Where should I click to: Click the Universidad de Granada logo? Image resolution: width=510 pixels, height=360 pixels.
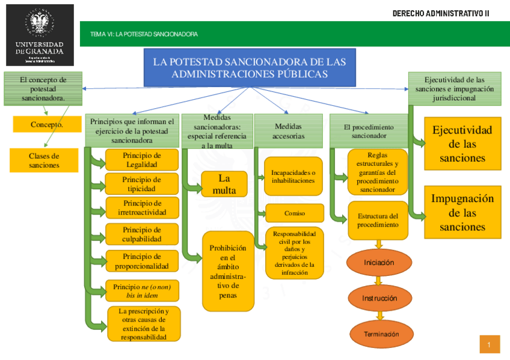40,35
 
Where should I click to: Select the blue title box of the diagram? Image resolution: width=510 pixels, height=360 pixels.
249,67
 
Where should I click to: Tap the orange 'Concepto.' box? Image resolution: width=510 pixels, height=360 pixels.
47,125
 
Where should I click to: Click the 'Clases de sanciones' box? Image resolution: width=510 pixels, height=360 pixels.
44,160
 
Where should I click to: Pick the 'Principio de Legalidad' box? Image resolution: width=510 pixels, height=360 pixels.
142,159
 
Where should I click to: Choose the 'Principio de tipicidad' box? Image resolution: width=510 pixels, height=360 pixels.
142,184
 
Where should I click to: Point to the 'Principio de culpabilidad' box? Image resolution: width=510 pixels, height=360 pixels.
142,234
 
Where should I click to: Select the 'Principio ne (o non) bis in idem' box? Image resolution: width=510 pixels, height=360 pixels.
142,291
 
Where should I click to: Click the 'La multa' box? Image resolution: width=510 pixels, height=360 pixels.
224,184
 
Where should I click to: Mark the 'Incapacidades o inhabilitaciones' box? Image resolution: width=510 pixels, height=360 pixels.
293,176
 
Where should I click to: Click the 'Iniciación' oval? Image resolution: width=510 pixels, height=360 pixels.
379,263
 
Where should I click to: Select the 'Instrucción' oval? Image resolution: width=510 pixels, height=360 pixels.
379,298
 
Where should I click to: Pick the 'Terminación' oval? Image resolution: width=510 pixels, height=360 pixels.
381,334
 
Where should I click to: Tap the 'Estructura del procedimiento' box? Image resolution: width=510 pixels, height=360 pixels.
378,220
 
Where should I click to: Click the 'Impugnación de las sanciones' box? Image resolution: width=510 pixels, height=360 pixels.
462,213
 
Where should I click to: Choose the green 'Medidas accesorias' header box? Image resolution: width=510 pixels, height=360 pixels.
288,131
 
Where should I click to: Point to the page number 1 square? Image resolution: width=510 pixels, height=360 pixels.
490,344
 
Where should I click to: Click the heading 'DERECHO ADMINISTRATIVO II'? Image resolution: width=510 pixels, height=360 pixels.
440,13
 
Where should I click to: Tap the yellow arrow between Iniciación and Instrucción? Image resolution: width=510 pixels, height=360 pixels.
379,281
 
